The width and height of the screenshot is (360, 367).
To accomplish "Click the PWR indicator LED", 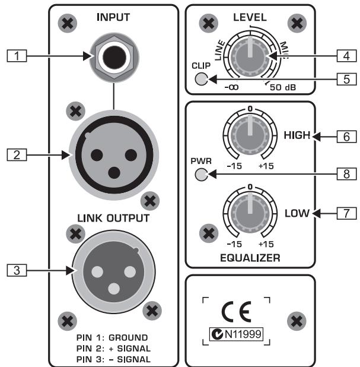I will coord(202,175).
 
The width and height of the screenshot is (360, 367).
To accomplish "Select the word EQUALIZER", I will coord(250,258).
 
